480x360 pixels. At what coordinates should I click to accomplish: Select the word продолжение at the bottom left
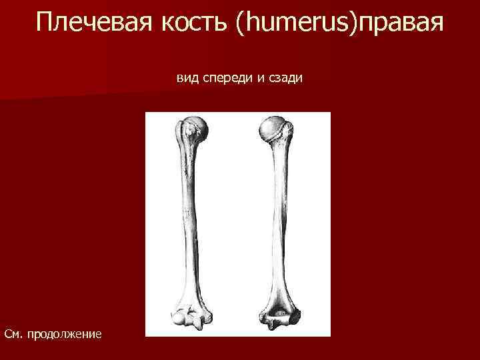64,332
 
